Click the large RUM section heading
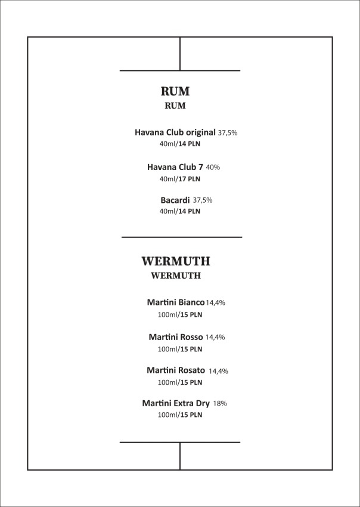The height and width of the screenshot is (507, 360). [175, 91]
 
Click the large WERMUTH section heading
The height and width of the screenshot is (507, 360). [175, 261]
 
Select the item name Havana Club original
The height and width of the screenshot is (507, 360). [175, 132]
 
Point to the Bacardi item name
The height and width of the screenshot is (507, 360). [175, 200]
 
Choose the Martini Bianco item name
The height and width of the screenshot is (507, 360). [176, 302]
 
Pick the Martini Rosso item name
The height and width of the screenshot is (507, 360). [176, 337]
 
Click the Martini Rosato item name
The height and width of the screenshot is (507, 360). [176, 370]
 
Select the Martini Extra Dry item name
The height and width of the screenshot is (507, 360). [176, 403]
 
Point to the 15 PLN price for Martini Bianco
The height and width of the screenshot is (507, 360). [192, 315]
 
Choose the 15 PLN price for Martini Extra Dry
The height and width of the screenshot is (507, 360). [192, 415]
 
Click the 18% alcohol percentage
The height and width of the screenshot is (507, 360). [220, 404]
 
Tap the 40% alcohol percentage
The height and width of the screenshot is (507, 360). [213, 168]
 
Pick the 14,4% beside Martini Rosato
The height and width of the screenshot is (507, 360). [218, 371]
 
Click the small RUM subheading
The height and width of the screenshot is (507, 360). [175, 106]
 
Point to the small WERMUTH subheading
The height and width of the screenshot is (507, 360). [175, 276]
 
